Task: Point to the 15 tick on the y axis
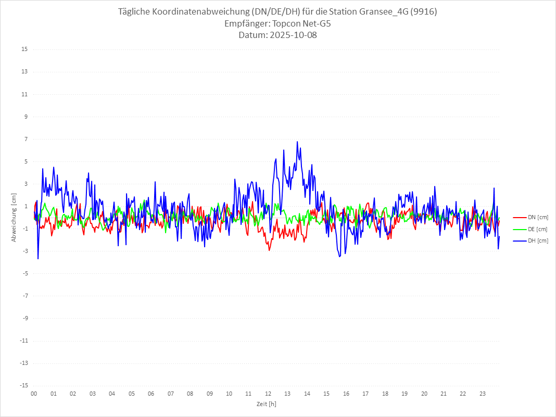click(x=24, y=49)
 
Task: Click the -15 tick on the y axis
click(x=23, y=385)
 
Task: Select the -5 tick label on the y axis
click(x=24, y=273)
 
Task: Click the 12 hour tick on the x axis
click(x=268, y=394)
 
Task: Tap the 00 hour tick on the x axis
click(x=34, y=394)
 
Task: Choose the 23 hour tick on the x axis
click(x=483, y=394)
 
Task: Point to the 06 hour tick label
click(x=151, y=394)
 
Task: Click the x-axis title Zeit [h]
click(x=266, y=404)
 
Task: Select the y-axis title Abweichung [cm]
click(x=14, y=218)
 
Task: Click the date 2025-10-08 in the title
click(x=292, y=35)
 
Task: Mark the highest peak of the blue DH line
click(x=297, y=142)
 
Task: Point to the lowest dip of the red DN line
click(x=269, y=250)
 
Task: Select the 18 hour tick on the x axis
click(x=385, y=394)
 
